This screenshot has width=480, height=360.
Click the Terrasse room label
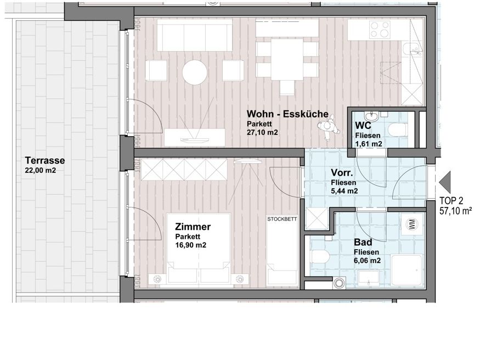(x=45, y=160)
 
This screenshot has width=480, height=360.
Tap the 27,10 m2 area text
(x=262, y=132)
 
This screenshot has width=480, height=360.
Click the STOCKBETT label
(x=282, y=219)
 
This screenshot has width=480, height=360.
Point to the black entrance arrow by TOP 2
(x=444, y=182)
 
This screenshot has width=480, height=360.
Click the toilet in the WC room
(x=398, y=129)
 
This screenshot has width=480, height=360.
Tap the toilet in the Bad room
(x=319, y=256)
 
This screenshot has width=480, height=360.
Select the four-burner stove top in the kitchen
(x=380, y=30)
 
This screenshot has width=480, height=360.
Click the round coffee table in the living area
(x=195, y=72)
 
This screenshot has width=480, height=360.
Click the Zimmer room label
(x=193, y=227)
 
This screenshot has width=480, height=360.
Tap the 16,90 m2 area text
(x=191, y=245)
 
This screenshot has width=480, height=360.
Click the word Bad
(x=363, y=243)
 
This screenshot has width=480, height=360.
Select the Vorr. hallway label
(x=342, y=173)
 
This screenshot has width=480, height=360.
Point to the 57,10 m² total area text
(x=455, y=211)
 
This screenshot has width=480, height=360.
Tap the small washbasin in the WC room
(x=371, y=116)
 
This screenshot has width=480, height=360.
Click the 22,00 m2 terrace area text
(x=41, y=171)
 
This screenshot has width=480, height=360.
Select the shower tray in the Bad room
(x=407, y=271)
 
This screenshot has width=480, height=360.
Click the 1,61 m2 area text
(x=369, y=144)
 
